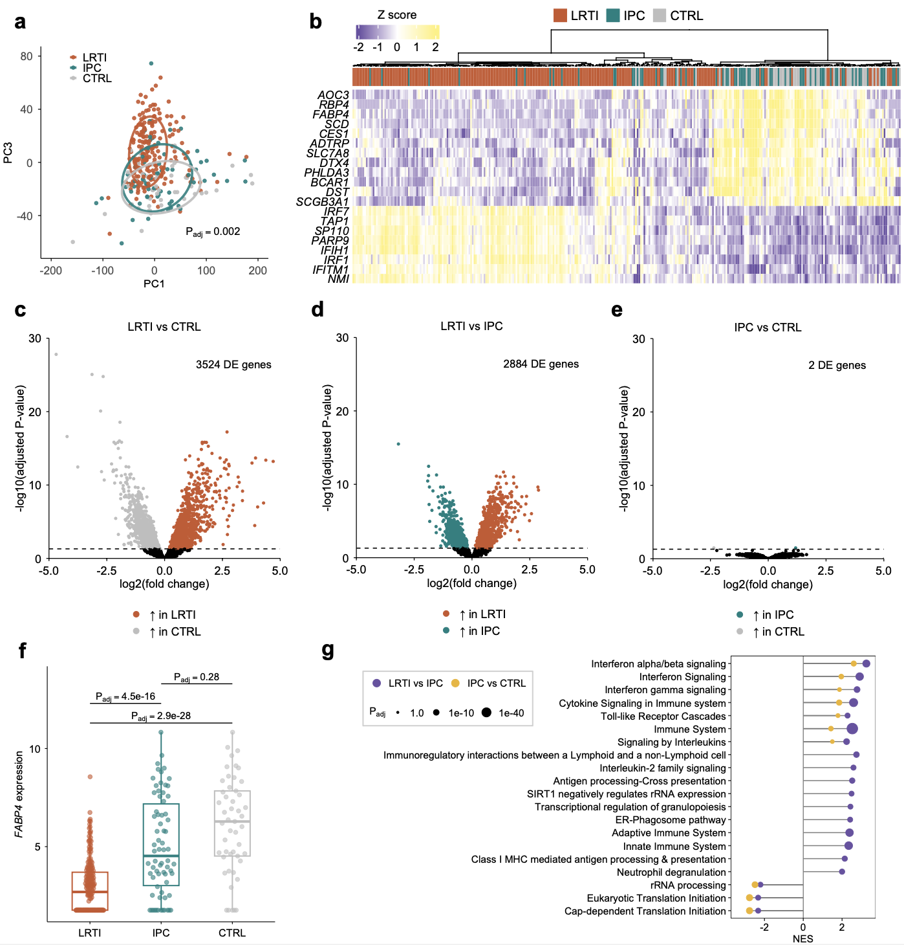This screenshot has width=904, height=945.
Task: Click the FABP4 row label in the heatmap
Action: (x=330, y=115)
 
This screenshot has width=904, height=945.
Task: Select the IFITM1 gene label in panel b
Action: (x=330, y=270)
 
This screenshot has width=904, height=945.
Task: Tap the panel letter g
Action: (x=328, y=649)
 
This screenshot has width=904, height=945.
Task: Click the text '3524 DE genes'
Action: (x=233, y=364)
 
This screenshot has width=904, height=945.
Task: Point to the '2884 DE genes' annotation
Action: (x=541, y=364)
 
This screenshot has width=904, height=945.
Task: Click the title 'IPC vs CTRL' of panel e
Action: (x=768, y=328)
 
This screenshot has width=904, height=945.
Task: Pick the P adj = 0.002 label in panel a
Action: (x=213, y=232)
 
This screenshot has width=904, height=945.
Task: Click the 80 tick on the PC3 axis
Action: (x=27, y=56)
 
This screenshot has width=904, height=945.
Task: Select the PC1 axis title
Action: (x=154, y=283)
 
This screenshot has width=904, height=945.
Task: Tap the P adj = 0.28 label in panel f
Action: (x=197, y=677)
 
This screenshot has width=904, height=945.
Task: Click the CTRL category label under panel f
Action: (x=232, y=933)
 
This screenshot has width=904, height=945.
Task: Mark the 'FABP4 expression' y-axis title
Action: (x=19, y=794)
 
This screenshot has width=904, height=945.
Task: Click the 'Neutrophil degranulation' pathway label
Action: (x=671, y=872)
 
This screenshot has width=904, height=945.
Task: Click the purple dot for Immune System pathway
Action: (x=852, y=729)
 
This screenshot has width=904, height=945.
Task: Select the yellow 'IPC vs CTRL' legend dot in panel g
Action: (x=455, y=683)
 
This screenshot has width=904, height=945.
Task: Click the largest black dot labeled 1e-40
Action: (x=486, y=713)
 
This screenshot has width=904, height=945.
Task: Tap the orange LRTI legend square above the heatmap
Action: (x=560, y=16)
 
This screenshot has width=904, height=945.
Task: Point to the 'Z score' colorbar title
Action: (x=397, y=15)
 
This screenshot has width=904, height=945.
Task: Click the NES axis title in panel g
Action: (x=803, y=939)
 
